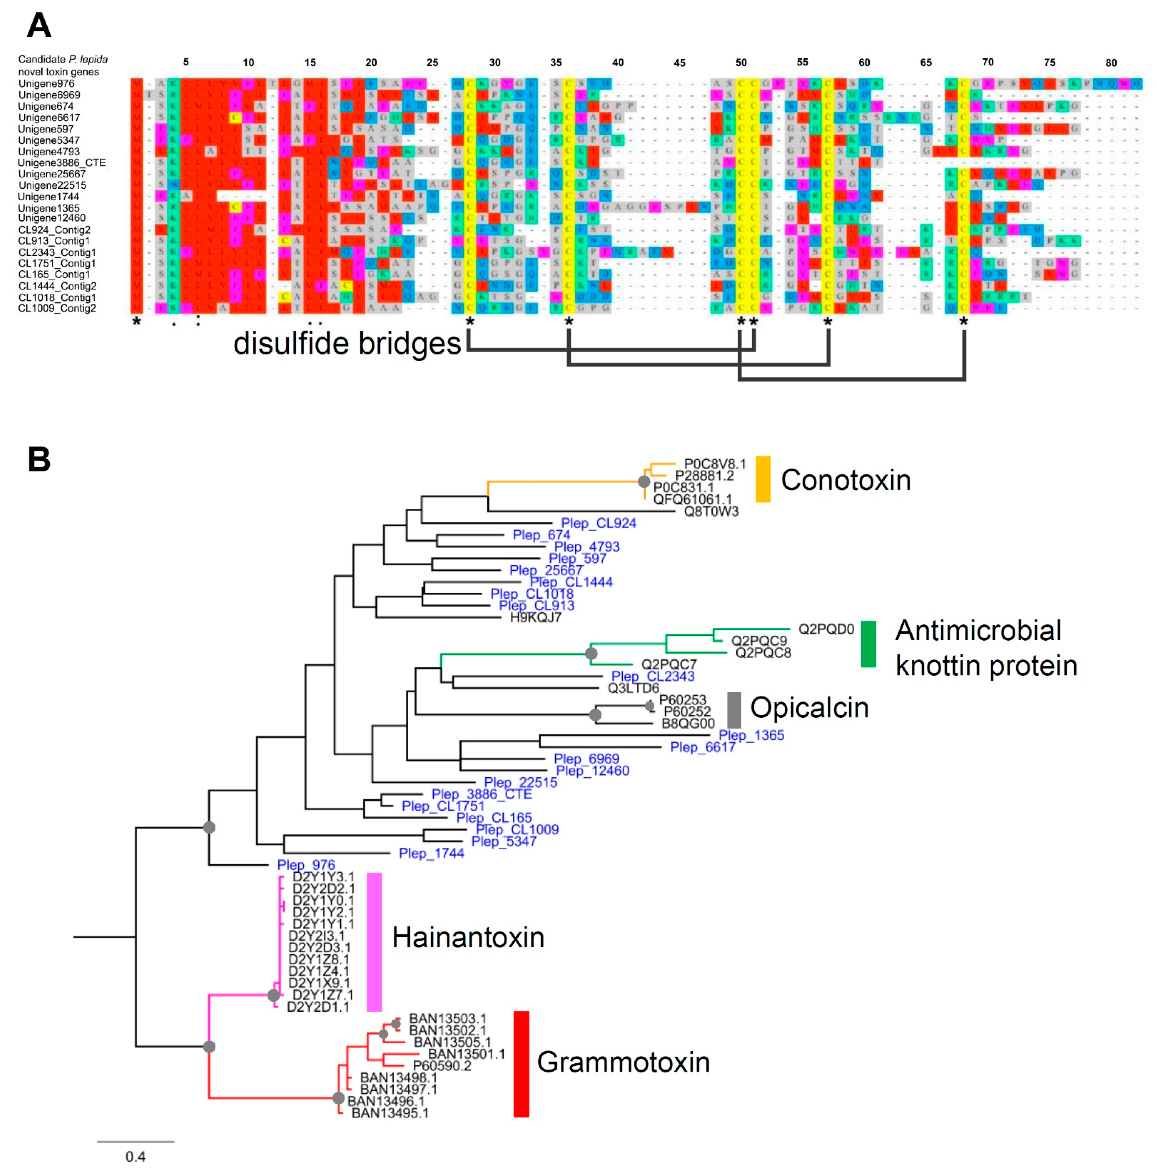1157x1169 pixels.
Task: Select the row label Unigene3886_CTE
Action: (x=62, y=163)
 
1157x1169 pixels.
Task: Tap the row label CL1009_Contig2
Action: (x=57, y=309)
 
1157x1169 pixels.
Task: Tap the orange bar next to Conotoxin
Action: (x=763, y=479)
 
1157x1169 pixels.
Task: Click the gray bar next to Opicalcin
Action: (x=734, y=710)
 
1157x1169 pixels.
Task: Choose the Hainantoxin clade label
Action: (x=468, y=938)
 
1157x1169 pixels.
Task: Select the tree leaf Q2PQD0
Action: (x=826, y=629)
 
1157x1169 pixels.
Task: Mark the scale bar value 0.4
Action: (x=136, y=1156)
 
